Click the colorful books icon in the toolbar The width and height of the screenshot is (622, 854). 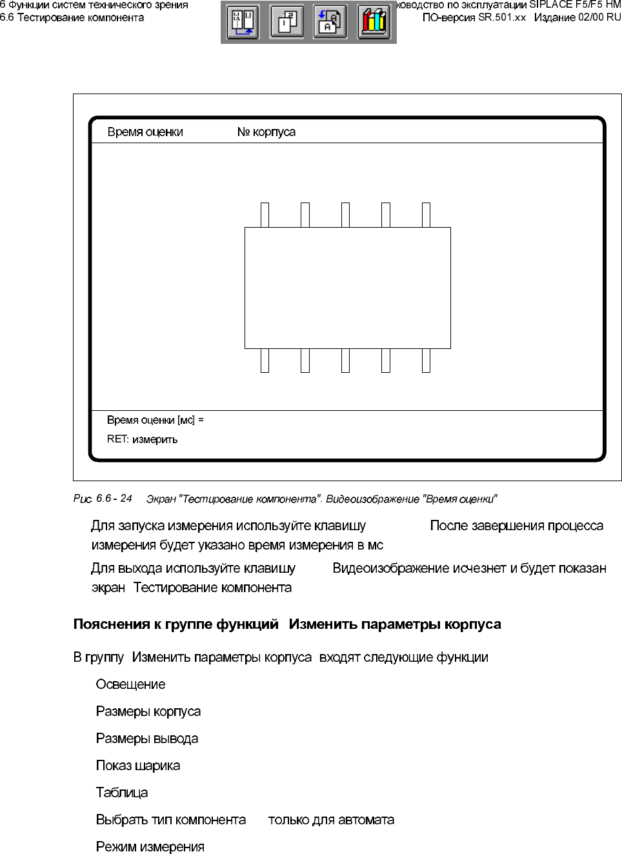tap(374, 22)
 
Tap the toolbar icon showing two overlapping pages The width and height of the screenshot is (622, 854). tap(286, 22)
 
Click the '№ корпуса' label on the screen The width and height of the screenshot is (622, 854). tap(266, 132)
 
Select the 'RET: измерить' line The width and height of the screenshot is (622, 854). tap(142, 439)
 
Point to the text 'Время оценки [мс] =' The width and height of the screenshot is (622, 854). tap(155, 420)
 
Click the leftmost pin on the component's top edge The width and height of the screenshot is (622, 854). tap(265, 215)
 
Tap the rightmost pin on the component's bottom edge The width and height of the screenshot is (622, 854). tap(426, 361)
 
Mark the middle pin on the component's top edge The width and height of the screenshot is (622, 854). tap(345, 215)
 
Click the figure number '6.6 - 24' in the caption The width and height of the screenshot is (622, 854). tap(114, 499)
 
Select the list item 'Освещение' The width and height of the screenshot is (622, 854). tap(130, 684)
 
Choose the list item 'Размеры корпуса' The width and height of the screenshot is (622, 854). tap(148, 711)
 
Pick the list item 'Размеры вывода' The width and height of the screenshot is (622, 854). tap(147, 739)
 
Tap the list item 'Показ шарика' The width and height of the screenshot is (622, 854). tap(138, 766)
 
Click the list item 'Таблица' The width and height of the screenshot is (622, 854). tap(122, 793)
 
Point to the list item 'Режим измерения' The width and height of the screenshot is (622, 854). tap(150, 847)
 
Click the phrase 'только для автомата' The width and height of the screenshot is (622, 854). tap(331, 820)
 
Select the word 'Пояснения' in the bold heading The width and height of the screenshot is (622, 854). tap(109, 624)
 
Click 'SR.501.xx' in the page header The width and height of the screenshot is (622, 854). tap(502, 17)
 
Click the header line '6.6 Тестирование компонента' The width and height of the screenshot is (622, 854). tap(72, 17)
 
